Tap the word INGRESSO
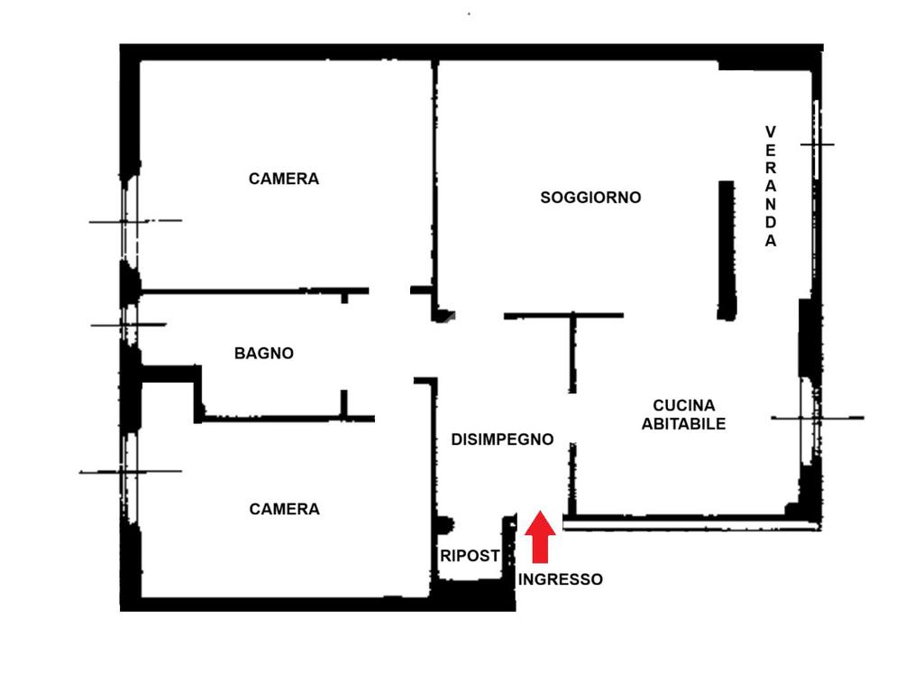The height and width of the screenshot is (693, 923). click(561, 579)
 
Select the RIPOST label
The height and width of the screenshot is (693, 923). click(470, 556)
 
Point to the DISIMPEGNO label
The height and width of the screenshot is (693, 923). click(502, 439)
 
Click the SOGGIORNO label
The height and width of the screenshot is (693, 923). click(590, 197)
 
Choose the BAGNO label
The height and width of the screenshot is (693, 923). click(264, 354)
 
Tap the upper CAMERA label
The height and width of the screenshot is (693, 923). click(284, 179)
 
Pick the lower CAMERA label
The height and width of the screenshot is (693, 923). click(284, 509)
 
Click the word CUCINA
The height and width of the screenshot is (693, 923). click(683, 405)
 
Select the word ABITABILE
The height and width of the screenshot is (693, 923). click(683, 423)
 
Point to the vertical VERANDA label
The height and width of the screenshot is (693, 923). click(771, 187)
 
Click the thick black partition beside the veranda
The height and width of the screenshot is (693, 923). click(727, 250)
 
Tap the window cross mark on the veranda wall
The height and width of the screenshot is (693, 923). click(818, 144)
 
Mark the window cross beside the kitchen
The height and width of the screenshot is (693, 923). click(816, 418)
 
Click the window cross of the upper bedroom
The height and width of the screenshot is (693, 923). click(126, 221)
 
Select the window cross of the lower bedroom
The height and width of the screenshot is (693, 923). click(127, 471)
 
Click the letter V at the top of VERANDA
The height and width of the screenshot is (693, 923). click(771, 132)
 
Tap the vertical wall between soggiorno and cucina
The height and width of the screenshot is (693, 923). click(572, 352)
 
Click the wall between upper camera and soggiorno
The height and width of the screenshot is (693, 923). click(434, 180)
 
